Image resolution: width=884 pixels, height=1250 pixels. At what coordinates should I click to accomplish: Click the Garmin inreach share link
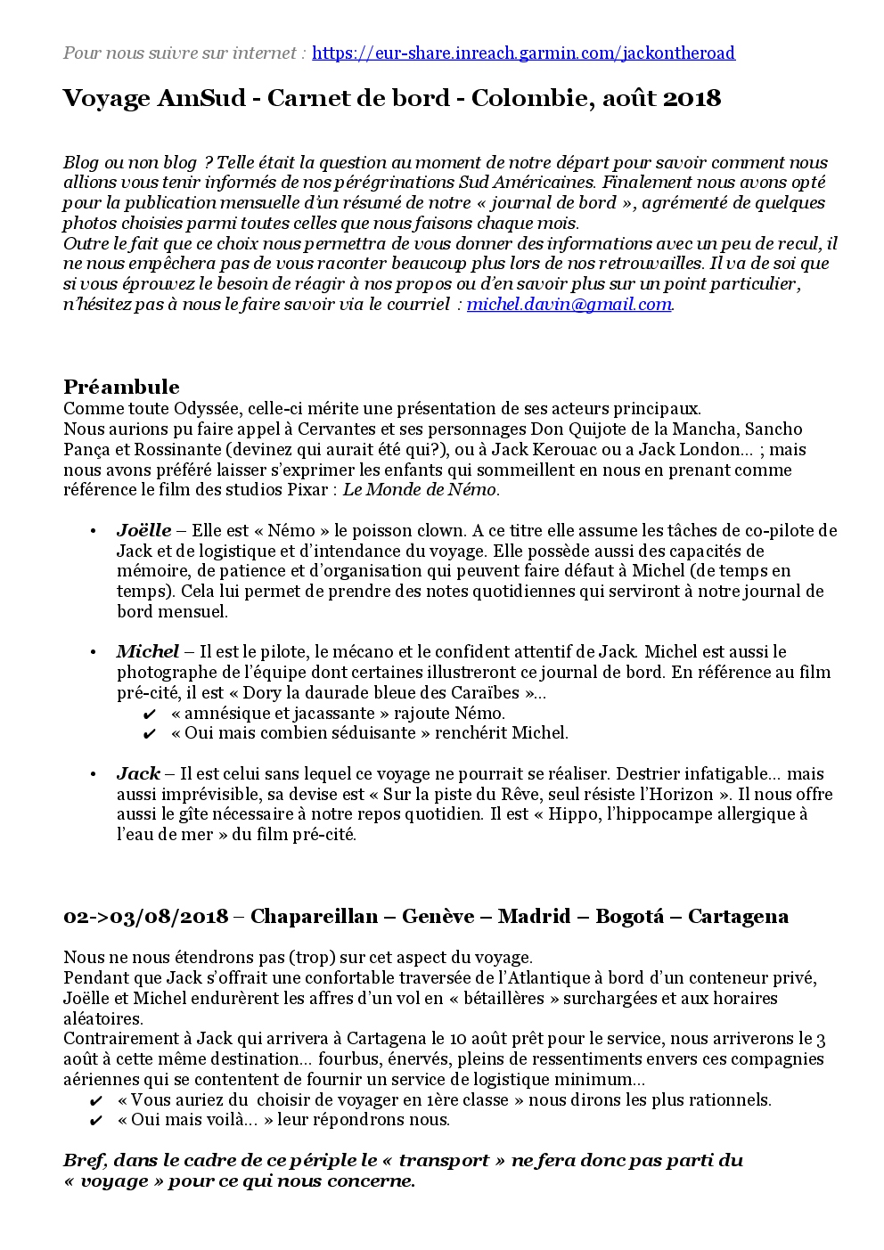tap(524, 53)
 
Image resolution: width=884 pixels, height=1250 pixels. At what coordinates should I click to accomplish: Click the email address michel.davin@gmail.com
tap(569, 304)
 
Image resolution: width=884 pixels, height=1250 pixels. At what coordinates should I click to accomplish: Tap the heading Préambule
tap(121, 387)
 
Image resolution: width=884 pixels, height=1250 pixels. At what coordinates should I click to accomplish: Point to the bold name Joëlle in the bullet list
tap(143, 530)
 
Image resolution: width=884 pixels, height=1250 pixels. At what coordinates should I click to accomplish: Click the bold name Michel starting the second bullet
tap(147, 651)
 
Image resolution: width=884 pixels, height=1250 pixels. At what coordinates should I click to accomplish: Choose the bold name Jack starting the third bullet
tap(138, 773)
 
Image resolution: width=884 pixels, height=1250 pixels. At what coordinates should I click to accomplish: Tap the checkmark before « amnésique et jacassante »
tap(150, 714)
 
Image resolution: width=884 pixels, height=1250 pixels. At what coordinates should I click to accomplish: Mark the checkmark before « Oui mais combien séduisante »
tap(150, 734)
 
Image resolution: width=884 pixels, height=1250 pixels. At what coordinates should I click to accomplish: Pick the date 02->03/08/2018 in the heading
tap(146, 917)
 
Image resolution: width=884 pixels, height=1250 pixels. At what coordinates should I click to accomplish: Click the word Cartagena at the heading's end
tap(738, 917)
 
